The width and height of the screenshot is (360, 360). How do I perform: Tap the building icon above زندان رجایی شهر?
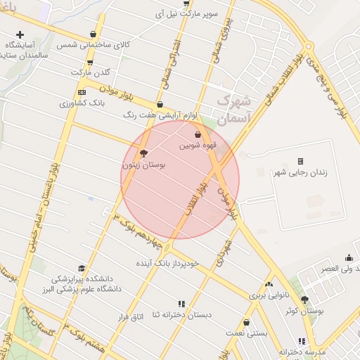[301, 162]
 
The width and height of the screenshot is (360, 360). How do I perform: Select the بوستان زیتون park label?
[143, 165]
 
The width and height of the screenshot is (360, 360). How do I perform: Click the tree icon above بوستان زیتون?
[144, 153]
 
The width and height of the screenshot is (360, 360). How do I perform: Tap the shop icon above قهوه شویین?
[198, 134]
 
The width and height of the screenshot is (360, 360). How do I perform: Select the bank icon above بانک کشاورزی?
[82, 91]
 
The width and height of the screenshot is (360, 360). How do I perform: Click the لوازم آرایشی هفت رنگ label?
[161, 114]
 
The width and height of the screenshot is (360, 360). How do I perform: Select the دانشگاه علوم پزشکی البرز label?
[83, 288]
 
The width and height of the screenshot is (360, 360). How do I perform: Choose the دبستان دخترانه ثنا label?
[180, 315]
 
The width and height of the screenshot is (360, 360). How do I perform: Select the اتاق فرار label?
[130, 317]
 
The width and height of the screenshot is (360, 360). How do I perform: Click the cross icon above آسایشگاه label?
[20, 34]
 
